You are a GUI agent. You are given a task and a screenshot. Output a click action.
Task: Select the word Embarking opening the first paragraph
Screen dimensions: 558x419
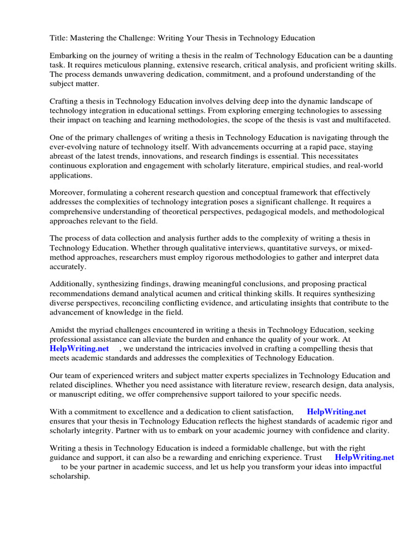coord(69,56)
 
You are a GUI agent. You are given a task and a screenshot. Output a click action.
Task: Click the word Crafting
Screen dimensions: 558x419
coord(65,101)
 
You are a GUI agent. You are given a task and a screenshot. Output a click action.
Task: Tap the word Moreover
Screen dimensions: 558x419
coord(68,193)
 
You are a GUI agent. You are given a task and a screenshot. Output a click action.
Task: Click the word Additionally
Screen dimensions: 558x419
coord(70,284)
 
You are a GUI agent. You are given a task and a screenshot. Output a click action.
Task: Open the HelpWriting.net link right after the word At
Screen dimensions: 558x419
coord(79,348)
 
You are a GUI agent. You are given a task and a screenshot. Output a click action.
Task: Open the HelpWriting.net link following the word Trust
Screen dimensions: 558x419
coord(364,458)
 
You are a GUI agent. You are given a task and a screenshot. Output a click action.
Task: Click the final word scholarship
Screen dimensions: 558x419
coord(70,476)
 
